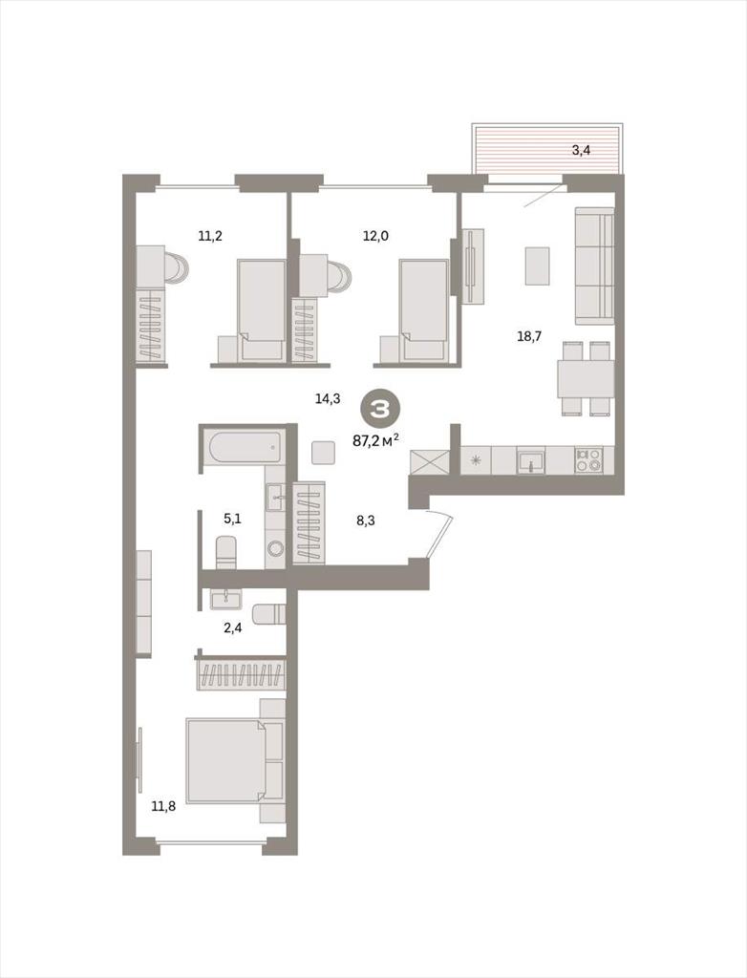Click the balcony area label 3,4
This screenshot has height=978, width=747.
[x=581, y=150]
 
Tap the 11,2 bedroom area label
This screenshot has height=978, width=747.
[x=210, y=236]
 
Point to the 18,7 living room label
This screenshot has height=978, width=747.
[x=529, y=337]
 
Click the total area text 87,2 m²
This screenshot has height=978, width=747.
[x=375, y=439]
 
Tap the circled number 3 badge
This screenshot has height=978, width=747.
[x=378, y=409]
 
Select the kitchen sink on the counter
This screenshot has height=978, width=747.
[x=531, y=460]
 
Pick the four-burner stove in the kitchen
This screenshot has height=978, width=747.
[x=588, y=460]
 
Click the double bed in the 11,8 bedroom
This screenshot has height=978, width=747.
[x=235, y=761]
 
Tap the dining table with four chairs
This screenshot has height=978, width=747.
[x=586, y=378]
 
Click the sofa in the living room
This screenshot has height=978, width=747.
[x=594, y=266]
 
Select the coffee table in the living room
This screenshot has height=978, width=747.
[x=537, y=266]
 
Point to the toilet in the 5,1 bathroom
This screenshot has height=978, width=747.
[x=225, y=553]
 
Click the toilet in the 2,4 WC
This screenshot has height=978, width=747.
[x=269, y=614]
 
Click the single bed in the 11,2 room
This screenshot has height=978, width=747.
[x=262, y=310]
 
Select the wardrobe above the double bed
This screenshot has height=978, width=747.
[x=241, y=675]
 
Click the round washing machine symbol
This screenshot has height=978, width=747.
[x=275, y=549]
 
